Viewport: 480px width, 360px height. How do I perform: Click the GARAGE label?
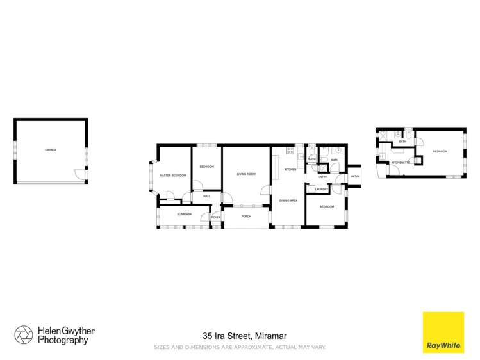[51, 150]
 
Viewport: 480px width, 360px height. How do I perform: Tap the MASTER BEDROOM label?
[172, 175]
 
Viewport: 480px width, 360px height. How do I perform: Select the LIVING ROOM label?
[246, 173]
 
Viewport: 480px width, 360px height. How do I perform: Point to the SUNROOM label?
[185, 214]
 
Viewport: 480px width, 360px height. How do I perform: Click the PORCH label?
[245, 217]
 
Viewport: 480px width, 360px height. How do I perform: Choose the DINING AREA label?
[288, 200]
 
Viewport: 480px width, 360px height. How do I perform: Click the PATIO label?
[354, 176]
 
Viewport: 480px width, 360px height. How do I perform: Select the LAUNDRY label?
[322, 189]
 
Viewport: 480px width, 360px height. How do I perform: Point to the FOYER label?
[216, 217]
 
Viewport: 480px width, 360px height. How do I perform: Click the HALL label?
[206, 196]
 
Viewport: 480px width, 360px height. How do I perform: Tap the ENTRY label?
[322, 177]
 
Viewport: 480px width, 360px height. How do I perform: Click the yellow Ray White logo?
[443, 332]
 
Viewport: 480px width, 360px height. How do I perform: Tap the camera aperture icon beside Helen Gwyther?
[24, 335]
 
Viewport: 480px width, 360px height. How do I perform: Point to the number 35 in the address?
[207, 335]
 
